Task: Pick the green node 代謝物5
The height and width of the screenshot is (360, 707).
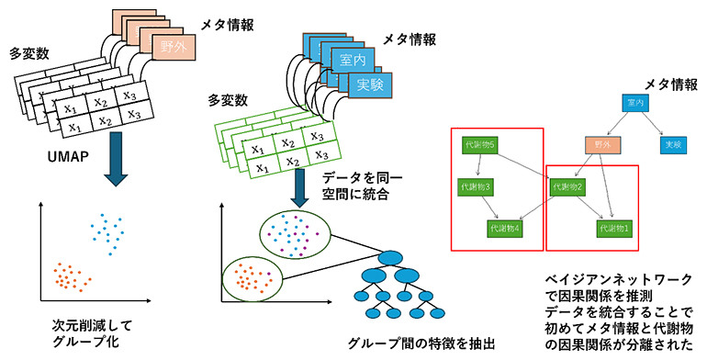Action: pos(479,146)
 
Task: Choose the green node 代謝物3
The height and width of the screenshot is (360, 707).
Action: pos(476,186)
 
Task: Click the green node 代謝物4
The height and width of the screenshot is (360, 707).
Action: pos(506,227)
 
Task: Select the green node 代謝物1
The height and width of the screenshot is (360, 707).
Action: pos(612,227)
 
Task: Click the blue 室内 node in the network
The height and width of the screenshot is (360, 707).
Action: pos(633,104)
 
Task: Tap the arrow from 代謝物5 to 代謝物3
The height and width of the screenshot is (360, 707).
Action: pos(477,166)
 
